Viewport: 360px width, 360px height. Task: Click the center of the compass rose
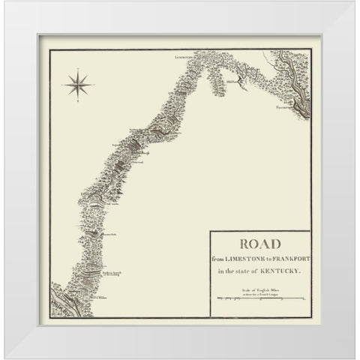point(77,84)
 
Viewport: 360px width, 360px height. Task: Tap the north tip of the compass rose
point(77,70)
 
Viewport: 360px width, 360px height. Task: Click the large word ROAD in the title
point(260,243)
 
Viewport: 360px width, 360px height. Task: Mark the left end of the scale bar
point(217,299)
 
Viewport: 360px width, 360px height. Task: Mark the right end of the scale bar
point(304,299)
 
